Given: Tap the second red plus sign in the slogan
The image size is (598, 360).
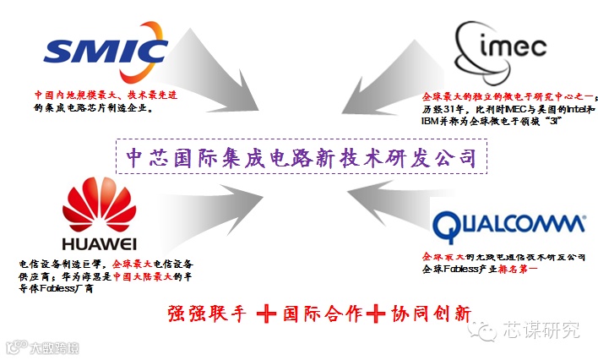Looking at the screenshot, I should click(376, 313).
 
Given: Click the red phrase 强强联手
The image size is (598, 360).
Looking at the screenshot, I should click(208, 313).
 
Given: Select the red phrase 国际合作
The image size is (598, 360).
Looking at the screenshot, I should click(321, 313).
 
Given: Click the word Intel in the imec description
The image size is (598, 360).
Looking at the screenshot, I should click(575, 110).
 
